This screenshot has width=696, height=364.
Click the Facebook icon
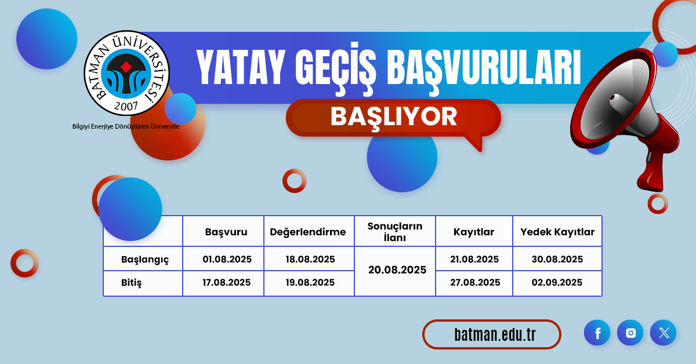tap(597, 333)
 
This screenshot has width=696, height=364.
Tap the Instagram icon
tap(630, 333)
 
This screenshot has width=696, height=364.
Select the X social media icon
tap(664, 333)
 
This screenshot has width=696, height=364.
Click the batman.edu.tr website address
tap(495, 334)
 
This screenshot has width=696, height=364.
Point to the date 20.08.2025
tap(397, 270)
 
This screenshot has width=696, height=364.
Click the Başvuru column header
tap(226, 232)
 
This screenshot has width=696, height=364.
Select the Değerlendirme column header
tap(307, 232)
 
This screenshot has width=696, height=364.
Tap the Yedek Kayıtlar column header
tap(557, 232)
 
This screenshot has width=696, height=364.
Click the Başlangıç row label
tap(145, 260)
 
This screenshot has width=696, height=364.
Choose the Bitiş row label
tap(131, 283)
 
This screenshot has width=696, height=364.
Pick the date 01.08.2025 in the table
tap(227, 259)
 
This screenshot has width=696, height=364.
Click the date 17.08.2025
tap(227, 282)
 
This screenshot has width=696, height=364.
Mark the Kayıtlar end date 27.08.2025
tap(475, 282)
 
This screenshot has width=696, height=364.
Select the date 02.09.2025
tap(557, 282)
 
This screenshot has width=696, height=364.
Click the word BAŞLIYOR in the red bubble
tap(394, 117)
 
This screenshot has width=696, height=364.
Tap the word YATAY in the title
tap(241, 67)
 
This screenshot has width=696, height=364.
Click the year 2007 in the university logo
tap(126, 106)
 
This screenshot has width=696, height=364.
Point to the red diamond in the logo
tap(126, 67)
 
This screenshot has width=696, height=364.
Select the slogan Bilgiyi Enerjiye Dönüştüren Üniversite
tap(126, 126)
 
